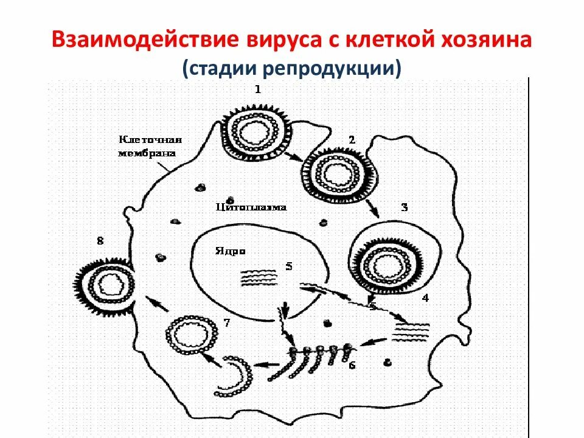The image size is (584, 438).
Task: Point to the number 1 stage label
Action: [x=258, y=89]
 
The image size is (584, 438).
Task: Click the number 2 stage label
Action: [x=351, y=139]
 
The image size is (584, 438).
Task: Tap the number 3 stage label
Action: [x=405, y=207]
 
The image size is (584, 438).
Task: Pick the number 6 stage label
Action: [x=352, y=366]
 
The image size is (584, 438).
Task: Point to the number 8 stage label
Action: [x=100, y=241]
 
